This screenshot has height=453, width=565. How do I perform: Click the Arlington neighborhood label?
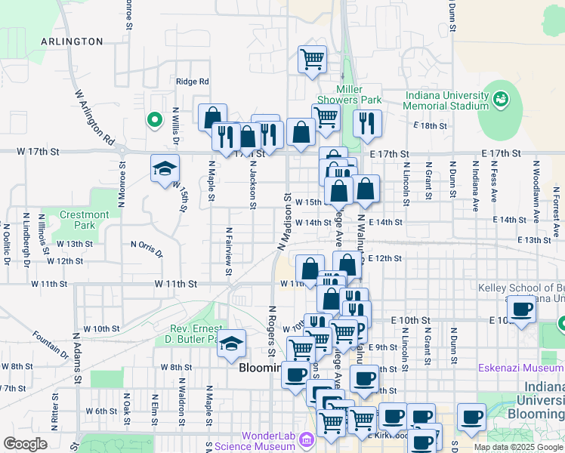[x=72, y=42]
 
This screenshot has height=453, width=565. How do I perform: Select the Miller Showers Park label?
[x=348, y=94]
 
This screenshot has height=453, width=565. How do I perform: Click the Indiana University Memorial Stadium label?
[x=446, y=100]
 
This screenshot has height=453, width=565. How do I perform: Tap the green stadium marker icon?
[x=501, y=99]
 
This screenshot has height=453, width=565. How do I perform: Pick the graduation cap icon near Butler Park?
[x=232, y=343]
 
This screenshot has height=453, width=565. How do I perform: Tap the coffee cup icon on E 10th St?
[x=521, y=309]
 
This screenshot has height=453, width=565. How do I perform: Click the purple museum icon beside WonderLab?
[x=307, y=439]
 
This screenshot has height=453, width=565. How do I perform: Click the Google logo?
[x=25, y=444]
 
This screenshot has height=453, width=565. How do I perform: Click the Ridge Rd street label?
[x=192, y=82]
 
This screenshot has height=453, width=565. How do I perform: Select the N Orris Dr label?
[x=147, y=248]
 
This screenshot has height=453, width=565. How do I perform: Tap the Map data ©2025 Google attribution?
[x=517, y=447]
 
